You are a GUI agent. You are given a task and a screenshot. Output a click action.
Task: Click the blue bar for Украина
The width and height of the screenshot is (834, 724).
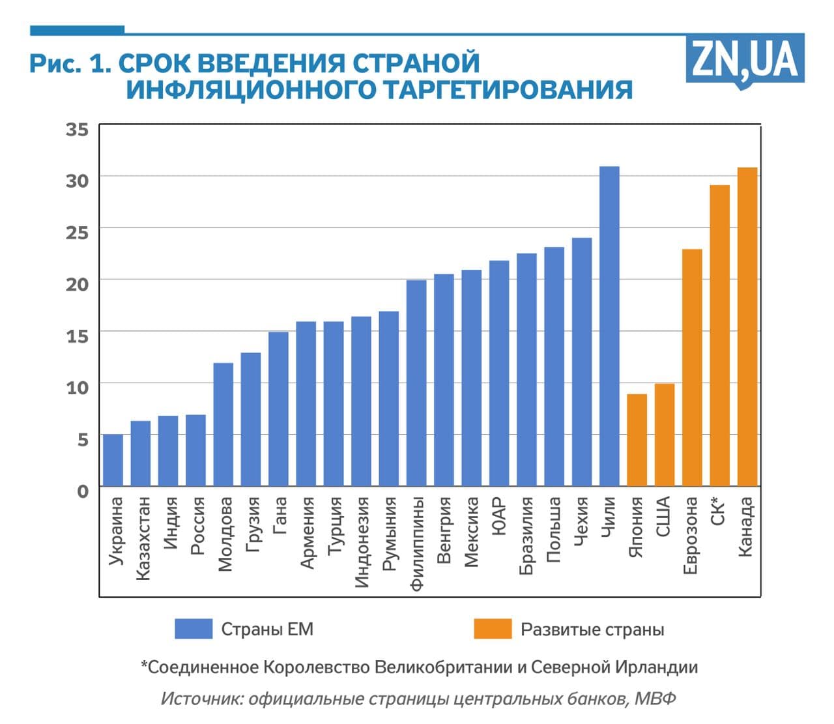pyautogui.click(x=113, y=460)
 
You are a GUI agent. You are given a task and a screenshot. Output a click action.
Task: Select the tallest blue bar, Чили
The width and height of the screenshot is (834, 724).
pyautogui.click(x=609, y=326)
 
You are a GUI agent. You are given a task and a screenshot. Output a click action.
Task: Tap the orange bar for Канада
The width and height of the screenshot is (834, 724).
pyautogui.click(x=747, y=326)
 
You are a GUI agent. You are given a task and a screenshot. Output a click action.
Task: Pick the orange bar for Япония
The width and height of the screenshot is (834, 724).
pyautogui.click(x=637, y=440)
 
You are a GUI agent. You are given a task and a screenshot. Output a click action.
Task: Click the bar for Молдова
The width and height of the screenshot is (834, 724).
pyautogui.click(x=223, y=424)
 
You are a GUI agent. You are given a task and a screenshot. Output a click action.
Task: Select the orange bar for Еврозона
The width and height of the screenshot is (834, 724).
pyautogui.click(x=692, y=368)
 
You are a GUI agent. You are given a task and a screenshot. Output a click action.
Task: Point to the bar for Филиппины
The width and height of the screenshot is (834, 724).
pyautogui.click(x=416, y=383)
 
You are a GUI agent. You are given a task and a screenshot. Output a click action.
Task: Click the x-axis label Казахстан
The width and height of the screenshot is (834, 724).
pyautogui.click(x=143, y=538)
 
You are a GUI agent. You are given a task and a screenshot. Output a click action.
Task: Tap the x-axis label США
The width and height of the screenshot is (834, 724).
pyautogui.click(x=663, y=517)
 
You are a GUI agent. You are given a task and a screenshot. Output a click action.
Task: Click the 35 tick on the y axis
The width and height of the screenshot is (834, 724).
pyautogui.click(x=77, y=129)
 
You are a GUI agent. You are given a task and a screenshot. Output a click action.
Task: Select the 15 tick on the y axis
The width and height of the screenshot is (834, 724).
pyautogui.click(x=77, y=336)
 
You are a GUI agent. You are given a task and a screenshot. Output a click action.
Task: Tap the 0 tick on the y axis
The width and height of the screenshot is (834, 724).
pyautogui.click(x=82, y=490)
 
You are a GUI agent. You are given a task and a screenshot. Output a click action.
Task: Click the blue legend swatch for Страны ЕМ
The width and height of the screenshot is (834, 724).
pyautogui.click(x=194, y=629)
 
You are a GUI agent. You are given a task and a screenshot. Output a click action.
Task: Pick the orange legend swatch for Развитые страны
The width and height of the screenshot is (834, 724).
pyautogui.click(x=493, y=629)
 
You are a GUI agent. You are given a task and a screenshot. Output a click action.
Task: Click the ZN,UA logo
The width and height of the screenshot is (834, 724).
pyautogui.click(x=745, y=60)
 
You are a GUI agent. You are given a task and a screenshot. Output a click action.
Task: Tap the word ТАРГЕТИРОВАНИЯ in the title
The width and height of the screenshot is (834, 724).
pyautogui.click(x=508, y=89)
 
